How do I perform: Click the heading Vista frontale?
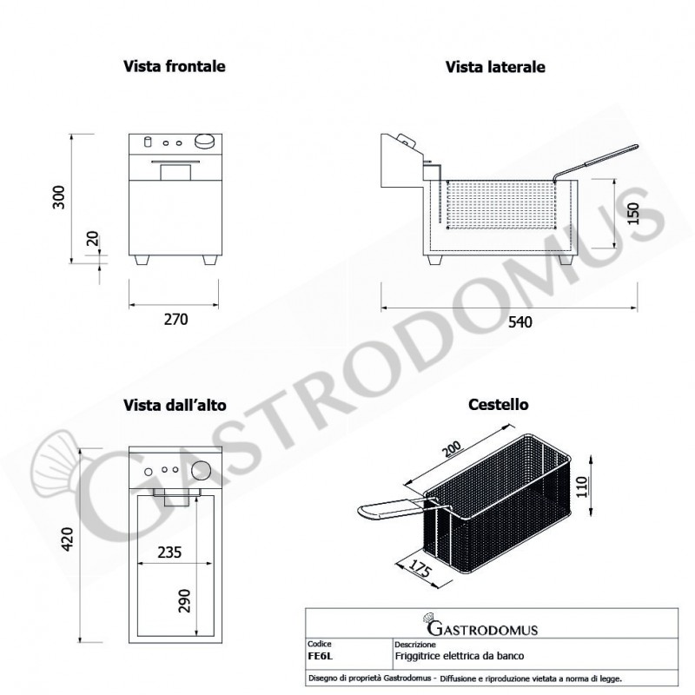tap(175, 66)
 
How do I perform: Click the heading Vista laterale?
tap(495, 67)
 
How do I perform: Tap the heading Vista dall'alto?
tap(174, 405)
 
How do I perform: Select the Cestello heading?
tap(498, 405)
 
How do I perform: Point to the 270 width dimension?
tap(175, 319)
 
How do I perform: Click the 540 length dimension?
tap(519, 322)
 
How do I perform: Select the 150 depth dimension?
tap(632, 214)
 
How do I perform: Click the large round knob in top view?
tap(201, 470)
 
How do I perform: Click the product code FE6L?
tap(320, 655)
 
